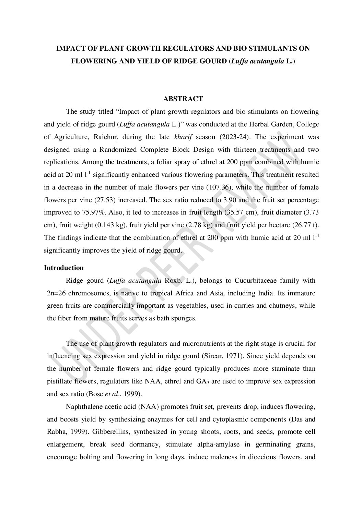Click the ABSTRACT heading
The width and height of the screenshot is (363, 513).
click(183, 99)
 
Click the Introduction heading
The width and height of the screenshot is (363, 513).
click(64, 268)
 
